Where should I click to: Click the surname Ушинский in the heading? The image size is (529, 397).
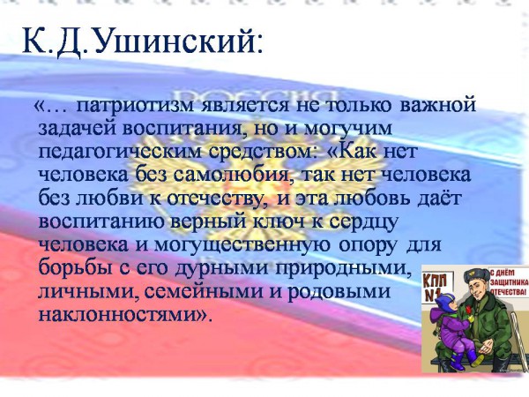pos(178,41)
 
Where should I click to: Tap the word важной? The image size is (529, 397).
pos(437,105)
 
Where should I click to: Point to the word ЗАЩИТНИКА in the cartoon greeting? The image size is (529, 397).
pos(509,282)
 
